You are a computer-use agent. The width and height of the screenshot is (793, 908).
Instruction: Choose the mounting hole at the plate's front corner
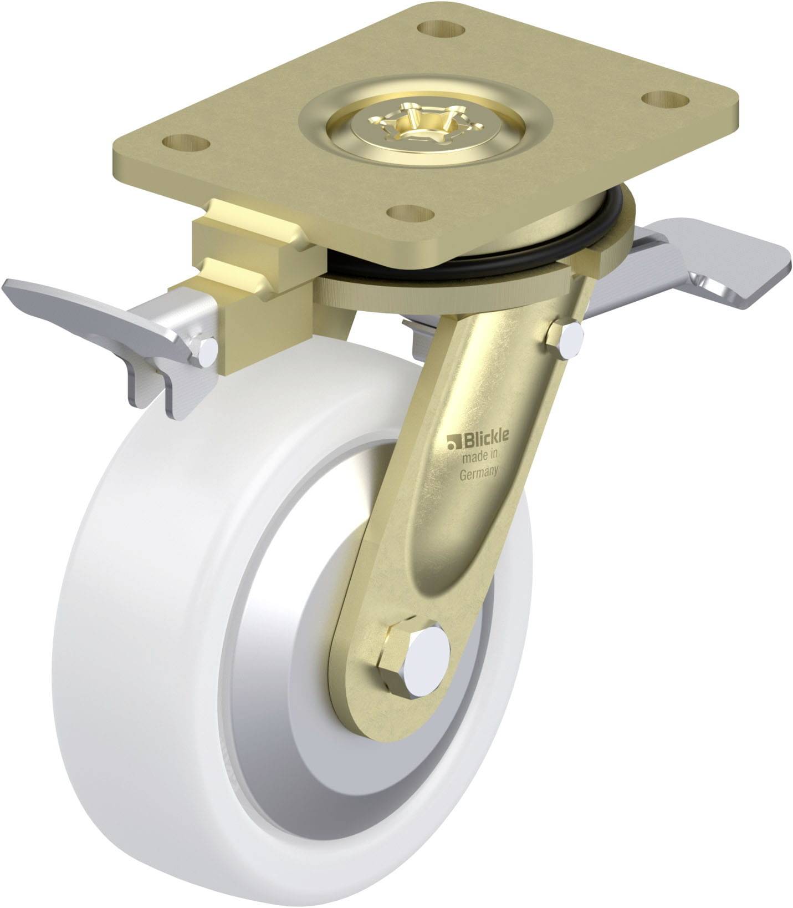[411, 214]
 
